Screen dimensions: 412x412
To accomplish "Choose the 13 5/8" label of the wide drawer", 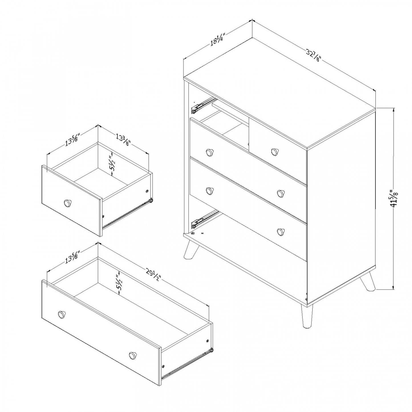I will (x=72, y=256).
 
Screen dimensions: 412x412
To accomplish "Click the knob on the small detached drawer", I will (x=68, y=203).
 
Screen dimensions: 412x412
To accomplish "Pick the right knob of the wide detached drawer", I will (x=132, y=355).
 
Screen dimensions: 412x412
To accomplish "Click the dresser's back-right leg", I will (x=368, y=282).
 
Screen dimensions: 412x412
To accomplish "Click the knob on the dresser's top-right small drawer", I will (x=275, y=151).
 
